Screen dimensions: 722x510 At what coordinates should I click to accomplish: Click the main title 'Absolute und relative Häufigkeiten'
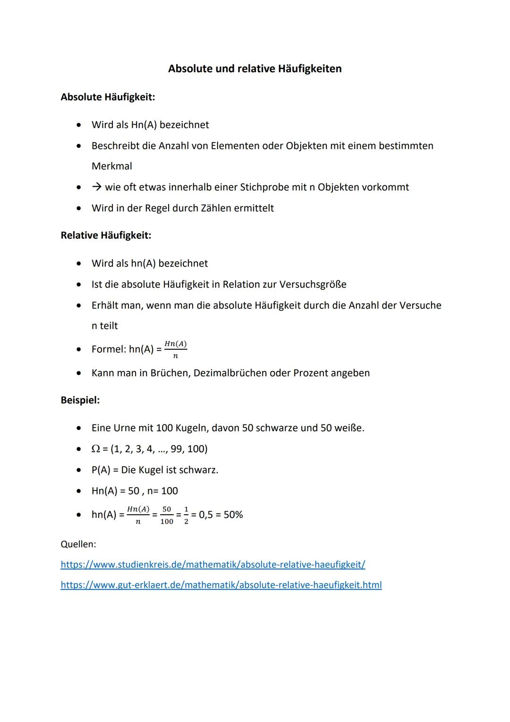[x=255, y=69]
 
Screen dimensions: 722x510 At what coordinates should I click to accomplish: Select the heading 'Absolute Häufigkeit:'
[x=108, y=97]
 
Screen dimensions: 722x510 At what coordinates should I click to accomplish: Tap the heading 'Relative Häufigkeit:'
[x=106, y=235]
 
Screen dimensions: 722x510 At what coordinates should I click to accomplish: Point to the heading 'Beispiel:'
[x=80, y=400]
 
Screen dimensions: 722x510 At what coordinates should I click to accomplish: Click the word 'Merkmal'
[x=112, y=166]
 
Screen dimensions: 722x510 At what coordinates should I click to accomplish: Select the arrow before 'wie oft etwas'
[x=97, y=187]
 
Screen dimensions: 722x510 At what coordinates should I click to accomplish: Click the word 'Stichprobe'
[x=264, y=187]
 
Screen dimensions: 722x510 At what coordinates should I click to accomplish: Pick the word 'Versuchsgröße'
[x=313, y=284]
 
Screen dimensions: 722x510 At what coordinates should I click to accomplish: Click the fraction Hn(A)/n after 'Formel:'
[x=176, y=350]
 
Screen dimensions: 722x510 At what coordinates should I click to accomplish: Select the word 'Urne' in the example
[x=125, y=428]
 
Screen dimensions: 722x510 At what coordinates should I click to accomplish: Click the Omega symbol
[x=95, y=449]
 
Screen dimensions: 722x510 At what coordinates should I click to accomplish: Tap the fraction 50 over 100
[x=167, y=515]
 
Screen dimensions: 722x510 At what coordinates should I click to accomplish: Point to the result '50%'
[x=233, y=515]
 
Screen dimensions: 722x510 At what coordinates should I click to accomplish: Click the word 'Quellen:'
[x=78, y=544]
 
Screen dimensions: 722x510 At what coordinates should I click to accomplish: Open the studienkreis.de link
[x=213, y=565]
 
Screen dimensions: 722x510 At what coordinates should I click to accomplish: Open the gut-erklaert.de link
[x=221, y=585]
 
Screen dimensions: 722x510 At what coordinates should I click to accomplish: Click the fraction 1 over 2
[x=186, y=515]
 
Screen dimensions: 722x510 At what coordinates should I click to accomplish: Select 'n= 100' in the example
[x=162, y=491]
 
